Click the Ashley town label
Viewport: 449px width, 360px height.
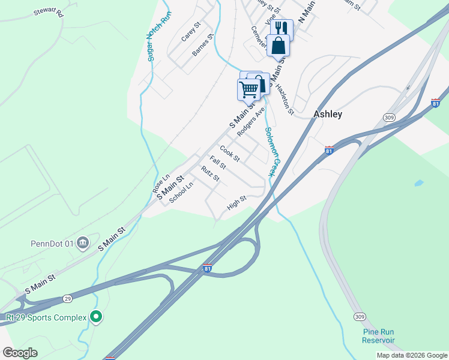coord(328,114)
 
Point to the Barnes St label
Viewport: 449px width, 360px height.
coord(203,46)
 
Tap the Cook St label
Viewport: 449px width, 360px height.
coord(229,154)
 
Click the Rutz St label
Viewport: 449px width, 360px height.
coord(211,174)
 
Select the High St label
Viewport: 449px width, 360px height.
coord(237,203)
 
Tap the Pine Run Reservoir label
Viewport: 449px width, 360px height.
coord(378,336)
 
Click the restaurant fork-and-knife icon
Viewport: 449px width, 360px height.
coord(281,28)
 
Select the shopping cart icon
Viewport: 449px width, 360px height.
coord(249,89)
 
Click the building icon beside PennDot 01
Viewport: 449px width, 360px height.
coord(83,243)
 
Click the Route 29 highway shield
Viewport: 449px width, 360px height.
coord(67,298)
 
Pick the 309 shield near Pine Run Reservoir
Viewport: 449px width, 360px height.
coord(359,316)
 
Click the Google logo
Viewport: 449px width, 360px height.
coord(20,353)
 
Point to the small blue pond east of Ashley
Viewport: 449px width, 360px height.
coord(418,182)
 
